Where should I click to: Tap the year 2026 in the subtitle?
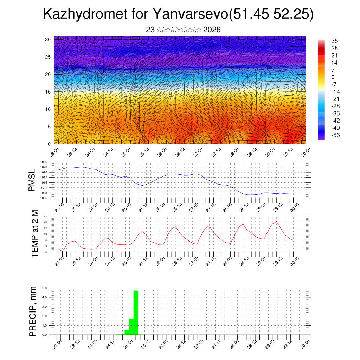point(212,30)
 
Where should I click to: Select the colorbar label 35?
point(334,41)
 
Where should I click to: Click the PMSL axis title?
point(32,180)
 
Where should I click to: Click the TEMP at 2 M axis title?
point(34,233)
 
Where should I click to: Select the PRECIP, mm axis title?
point(33,311)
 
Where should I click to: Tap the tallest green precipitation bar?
point(136,312)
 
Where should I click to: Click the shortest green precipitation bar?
point(127,332)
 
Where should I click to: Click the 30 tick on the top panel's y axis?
point(48,39)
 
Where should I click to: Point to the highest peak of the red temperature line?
point(277,221)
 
